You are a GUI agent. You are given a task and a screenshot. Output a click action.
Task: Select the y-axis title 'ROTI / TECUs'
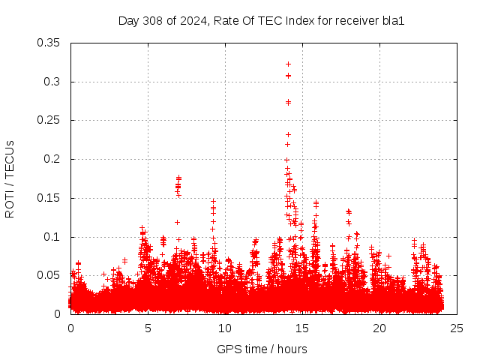[10, 178]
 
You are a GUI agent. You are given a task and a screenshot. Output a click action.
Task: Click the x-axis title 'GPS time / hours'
[262, 349]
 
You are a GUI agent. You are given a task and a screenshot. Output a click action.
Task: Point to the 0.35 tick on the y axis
[49, 43]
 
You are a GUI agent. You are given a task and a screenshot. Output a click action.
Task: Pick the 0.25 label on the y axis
[49, 121]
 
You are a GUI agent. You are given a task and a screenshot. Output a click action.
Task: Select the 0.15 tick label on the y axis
[49, 199]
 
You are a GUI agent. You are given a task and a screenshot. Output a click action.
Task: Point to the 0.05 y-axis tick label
[49, 276]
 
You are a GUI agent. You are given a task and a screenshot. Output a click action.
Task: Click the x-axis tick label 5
[148, 328]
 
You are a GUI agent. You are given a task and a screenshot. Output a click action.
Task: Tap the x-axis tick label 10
[225, 328]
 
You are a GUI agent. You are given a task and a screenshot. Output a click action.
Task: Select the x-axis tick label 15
[302, 328]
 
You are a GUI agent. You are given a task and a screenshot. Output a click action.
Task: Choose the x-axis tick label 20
[379, 328]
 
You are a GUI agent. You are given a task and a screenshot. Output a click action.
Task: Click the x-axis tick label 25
[457, 328]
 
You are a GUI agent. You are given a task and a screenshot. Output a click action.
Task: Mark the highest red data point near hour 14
[288, 64]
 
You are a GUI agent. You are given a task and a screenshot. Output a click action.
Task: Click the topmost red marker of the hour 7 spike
[178, 178]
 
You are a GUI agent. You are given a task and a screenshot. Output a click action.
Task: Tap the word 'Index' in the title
[300, 20]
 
